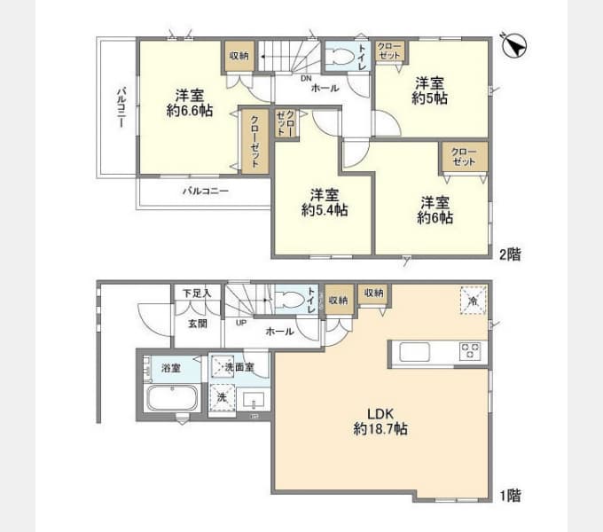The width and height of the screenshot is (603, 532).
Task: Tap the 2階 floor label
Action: (x=509, y=254)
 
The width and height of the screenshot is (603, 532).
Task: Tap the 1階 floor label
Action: (x=509, y=497)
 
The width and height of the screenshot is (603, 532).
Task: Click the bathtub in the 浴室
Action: (x=172, y=397)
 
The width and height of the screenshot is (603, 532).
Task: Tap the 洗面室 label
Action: (x=238, y=365)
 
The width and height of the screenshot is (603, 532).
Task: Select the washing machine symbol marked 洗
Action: (x=223, y=398)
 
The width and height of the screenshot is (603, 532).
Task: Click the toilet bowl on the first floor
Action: (x=289, y=300)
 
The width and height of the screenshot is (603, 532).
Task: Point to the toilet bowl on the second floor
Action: (x=340, y=58)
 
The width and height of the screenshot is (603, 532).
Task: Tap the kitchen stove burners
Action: (x=468, y=351)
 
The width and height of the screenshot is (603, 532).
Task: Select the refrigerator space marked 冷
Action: (x=473, y=300)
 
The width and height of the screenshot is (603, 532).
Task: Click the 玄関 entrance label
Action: (x=197, y=324)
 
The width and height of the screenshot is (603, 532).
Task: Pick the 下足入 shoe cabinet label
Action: (x=196, y=293)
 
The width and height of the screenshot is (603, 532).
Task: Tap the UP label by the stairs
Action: (x=241, y=322)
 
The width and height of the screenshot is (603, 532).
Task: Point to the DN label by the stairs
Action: (x=306, y=77)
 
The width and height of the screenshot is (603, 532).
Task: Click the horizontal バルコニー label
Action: (x=206, y=191)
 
